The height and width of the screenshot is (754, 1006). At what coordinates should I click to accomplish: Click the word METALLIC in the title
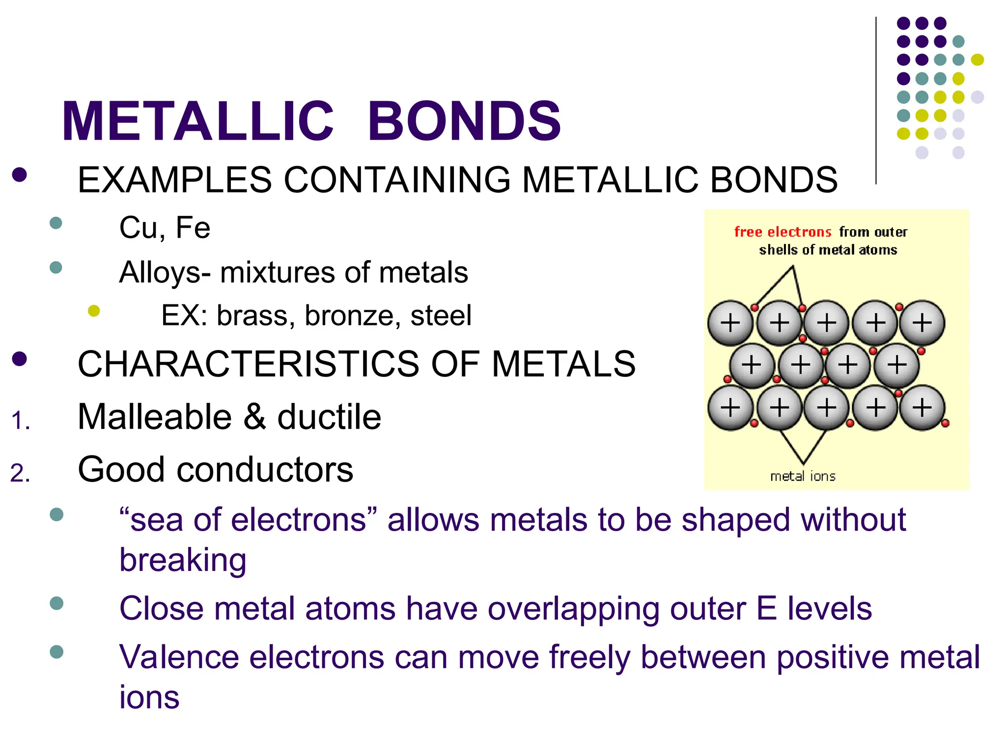tap(198, 121)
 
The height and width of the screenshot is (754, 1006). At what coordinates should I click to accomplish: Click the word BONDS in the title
tap(464, 121)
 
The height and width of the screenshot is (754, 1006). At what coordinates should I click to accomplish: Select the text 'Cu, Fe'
tap(165, 228)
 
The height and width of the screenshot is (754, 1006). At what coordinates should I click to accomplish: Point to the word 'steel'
tap(441, 316)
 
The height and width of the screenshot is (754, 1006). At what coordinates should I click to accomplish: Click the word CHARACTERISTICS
tap(249, 364)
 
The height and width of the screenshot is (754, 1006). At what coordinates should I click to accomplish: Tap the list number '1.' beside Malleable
tap(20, 421)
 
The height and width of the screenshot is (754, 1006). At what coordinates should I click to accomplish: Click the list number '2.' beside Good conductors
tap(20, 474)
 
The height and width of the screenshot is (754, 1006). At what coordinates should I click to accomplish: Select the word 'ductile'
tap(329, 417)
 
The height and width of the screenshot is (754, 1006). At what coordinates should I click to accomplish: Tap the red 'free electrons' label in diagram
tap(782, 232)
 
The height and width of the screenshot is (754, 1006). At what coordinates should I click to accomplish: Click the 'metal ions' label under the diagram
tap(803, 476)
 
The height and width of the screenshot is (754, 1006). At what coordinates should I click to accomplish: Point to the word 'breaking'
tap(183, 560)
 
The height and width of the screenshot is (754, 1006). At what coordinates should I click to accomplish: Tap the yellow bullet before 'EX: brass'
tap(94, 311)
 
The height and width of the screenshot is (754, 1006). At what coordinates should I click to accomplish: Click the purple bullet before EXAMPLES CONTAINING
tap(20, 175)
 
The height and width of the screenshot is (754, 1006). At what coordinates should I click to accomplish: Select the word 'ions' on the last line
tap(149, 698)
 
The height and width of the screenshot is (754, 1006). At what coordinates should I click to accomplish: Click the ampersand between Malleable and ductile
tap(255, 417)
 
